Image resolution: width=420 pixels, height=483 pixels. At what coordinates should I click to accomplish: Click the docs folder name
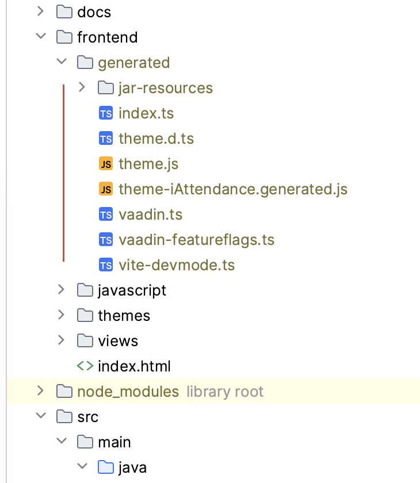[x=94, y=11]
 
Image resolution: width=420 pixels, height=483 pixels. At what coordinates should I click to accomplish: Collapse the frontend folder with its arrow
[x=40, y=37]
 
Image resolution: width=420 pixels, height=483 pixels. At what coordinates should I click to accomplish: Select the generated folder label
[x=133, y=62]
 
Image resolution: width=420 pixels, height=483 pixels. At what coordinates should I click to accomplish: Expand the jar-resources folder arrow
[x=82, y=87]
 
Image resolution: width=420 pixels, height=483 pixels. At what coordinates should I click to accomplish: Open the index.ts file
[x=146, y=113]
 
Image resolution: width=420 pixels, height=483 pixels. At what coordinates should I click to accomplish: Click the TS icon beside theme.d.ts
[x=105, y=139]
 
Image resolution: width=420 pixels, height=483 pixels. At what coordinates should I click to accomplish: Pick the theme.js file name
[x=148, y=164]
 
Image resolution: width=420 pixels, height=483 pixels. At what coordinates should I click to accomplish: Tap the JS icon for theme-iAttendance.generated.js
[x=105, y=189]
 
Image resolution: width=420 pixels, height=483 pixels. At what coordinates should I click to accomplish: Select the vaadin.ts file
[x=150, y=214]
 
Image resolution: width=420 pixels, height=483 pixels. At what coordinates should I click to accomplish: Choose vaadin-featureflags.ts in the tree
[x=196, y=240]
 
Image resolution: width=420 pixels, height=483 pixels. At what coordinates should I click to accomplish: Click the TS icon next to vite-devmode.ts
[x=105, y=265]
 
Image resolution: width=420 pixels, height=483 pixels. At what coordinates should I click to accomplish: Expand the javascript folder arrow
[x=61, y=290]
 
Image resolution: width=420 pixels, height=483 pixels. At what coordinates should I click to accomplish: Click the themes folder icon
[x=85, y=316]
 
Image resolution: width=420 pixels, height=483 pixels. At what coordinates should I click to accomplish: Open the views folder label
[x=118, y=341]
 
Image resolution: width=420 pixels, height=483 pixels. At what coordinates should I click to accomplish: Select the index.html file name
[x=134, y=366]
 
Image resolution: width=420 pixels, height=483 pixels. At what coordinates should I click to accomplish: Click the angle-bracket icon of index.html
[x=85, y=366]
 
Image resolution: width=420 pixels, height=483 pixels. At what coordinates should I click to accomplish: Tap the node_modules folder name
[x=128, y=392]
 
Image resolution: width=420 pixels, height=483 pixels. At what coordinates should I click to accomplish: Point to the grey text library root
[x=225, y=392]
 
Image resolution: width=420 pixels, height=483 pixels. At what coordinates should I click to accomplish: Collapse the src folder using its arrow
[x=40, y=416]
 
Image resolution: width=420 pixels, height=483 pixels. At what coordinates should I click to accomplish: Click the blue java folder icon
[x=106, y=467]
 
